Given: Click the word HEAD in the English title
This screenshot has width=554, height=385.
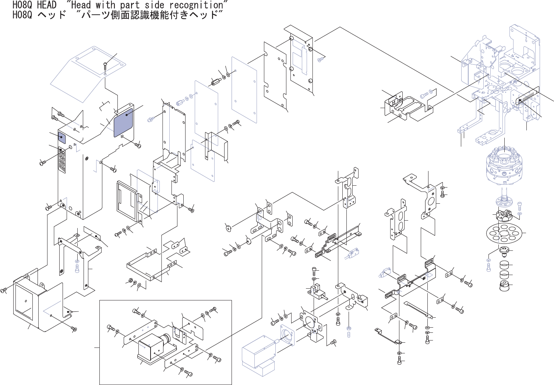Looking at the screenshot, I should pyautogui.click(x=46, y=5).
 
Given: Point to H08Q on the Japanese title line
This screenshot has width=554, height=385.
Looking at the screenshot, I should pyautogui.click(x=22, y=15).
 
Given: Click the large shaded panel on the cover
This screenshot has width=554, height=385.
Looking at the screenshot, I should pyautogui.click(x=123, y=122).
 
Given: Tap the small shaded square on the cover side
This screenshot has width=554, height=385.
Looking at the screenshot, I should pyautogui.click(x=61, y=137).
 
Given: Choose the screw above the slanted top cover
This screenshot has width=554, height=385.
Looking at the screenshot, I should pyautogui.click(x=106, y=66).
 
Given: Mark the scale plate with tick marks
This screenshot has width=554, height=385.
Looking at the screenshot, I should pyautogui.click(x=527, y=96).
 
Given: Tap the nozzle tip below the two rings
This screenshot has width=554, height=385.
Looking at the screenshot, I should pyautogui.click(x=504, y=286).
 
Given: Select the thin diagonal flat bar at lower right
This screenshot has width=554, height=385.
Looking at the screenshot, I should pyautogui.click(x=418, y=310).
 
